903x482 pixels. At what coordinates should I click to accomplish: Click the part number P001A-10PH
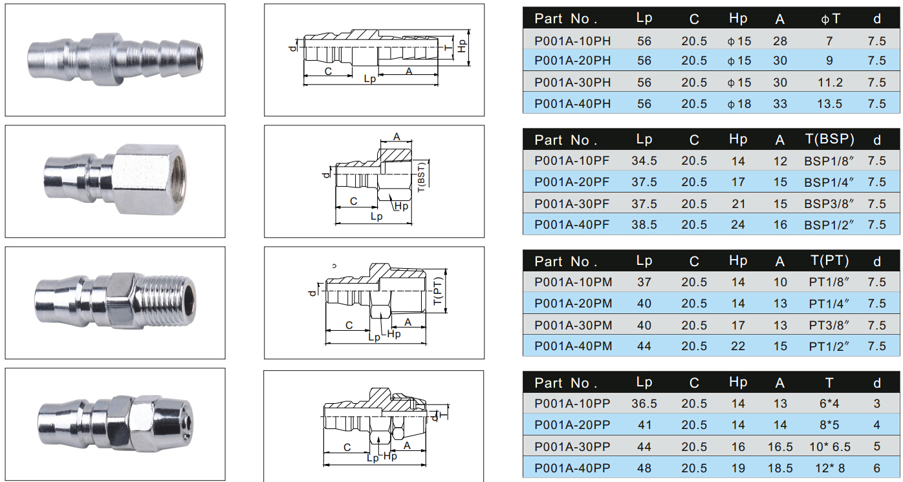point(572,41)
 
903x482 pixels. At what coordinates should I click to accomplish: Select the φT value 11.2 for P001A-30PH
point(830,83)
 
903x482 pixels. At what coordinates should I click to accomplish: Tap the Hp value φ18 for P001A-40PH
point(739,104)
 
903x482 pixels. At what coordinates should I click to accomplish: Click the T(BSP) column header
point(830,139)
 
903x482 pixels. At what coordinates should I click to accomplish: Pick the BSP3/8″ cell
point(829,204)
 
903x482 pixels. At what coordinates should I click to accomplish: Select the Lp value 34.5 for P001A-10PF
point(644,161)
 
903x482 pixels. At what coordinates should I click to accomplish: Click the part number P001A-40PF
point(572,225)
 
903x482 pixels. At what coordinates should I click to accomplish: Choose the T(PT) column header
point(830,260)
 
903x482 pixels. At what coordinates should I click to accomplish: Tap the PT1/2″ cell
point(829,346)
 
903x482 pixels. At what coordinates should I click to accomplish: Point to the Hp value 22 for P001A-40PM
point(738,346)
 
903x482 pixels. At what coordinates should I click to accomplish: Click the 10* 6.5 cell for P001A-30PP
point(830,446)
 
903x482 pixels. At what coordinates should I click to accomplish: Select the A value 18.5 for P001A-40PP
point(780,468)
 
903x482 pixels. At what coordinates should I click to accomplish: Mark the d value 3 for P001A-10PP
point(876,403)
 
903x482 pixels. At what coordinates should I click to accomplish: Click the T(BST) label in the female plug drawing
point(421,177)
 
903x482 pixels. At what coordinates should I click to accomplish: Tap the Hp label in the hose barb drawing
point(462,46)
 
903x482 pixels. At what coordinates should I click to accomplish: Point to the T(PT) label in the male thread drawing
point(438,291)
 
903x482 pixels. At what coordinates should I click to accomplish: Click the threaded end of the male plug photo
point(169,300)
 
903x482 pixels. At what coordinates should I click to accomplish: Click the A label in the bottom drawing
point(407,445)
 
